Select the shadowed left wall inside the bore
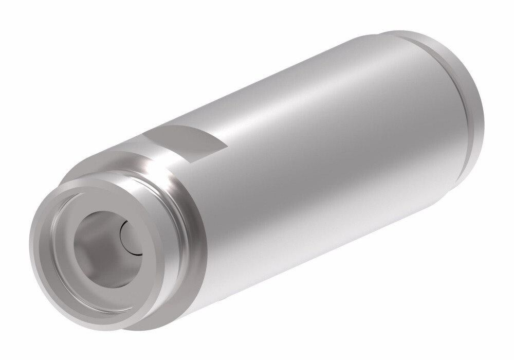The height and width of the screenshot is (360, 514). pos(82,247)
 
